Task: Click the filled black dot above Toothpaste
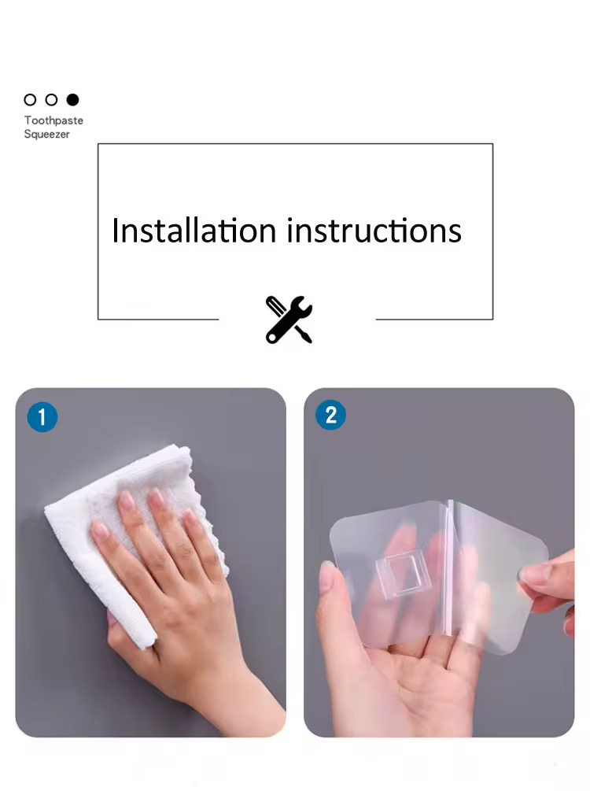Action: [x=73, y=100]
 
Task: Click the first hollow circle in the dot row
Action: [x=30, y=100]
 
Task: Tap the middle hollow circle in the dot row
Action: [x=51, y=100]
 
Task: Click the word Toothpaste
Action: [x=53, y=120]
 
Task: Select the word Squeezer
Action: [x=47, y=134]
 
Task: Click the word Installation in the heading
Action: [x=194, y=231]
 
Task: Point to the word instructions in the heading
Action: [x=374, y=231]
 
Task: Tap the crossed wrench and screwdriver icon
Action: [x=289, y=320]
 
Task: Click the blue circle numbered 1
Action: [x=42, y=417]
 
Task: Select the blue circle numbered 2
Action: [x=331, y=415]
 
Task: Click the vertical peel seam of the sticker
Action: [x=448, y=567]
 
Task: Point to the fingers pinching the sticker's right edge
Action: [x=548, y=580]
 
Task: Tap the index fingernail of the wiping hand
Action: [x=127, y=501]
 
